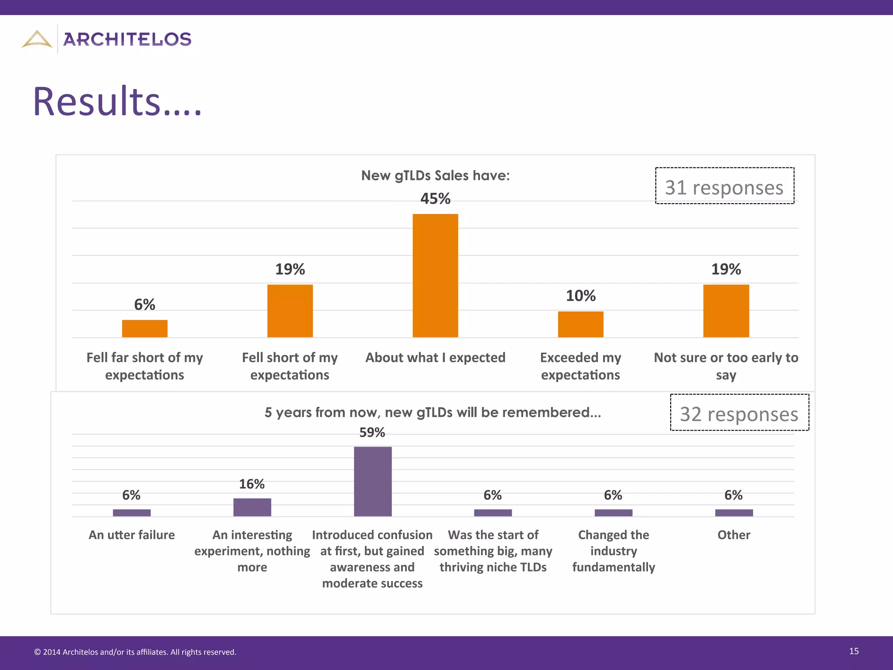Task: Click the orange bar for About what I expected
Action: (435, 276)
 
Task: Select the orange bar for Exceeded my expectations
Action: (580, 324)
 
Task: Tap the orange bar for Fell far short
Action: (144, 328)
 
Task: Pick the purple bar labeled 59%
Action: (372, 481)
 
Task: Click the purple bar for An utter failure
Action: (132, 513)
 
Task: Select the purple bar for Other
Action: (734, 513)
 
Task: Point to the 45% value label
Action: (435, 199)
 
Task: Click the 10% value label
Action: (580, 296)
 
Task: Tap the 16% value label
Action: (252, 484)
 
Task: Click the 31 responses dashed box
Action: (724, 186)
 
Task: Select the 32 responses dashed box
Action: (739, 413)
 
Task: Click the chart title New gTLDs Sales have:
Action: (435, 175)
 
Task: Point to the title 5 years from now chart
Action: (433, 412)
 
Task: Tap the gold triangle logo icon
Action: (37, 39)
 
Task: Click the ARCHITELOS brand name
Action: (127, 40)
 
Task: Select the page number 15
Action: (854, 651)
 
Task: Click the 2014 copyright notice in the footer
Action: (135, 652)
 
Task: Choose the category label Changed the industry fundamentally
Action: (614, 550)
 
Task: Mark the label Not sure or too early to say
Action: (726, 366)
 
